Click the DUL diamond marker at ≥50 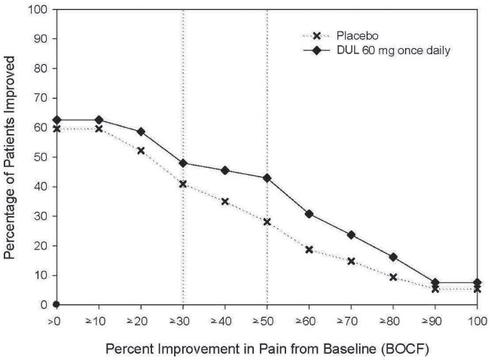click(267, 178)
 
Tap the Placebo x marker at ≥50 click(267, 221)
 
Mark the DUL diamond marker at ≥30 click(183, 163)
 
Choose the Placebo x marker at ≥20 click(141, 151)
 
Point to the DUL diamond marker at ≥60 click(309, 214)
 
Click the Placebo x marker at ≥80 click(393, 277)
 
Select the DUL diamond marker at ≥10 click(99, 120)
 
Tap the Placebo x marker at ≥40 click(224, 201)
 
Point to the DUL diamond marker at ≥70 click(351, 235)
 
